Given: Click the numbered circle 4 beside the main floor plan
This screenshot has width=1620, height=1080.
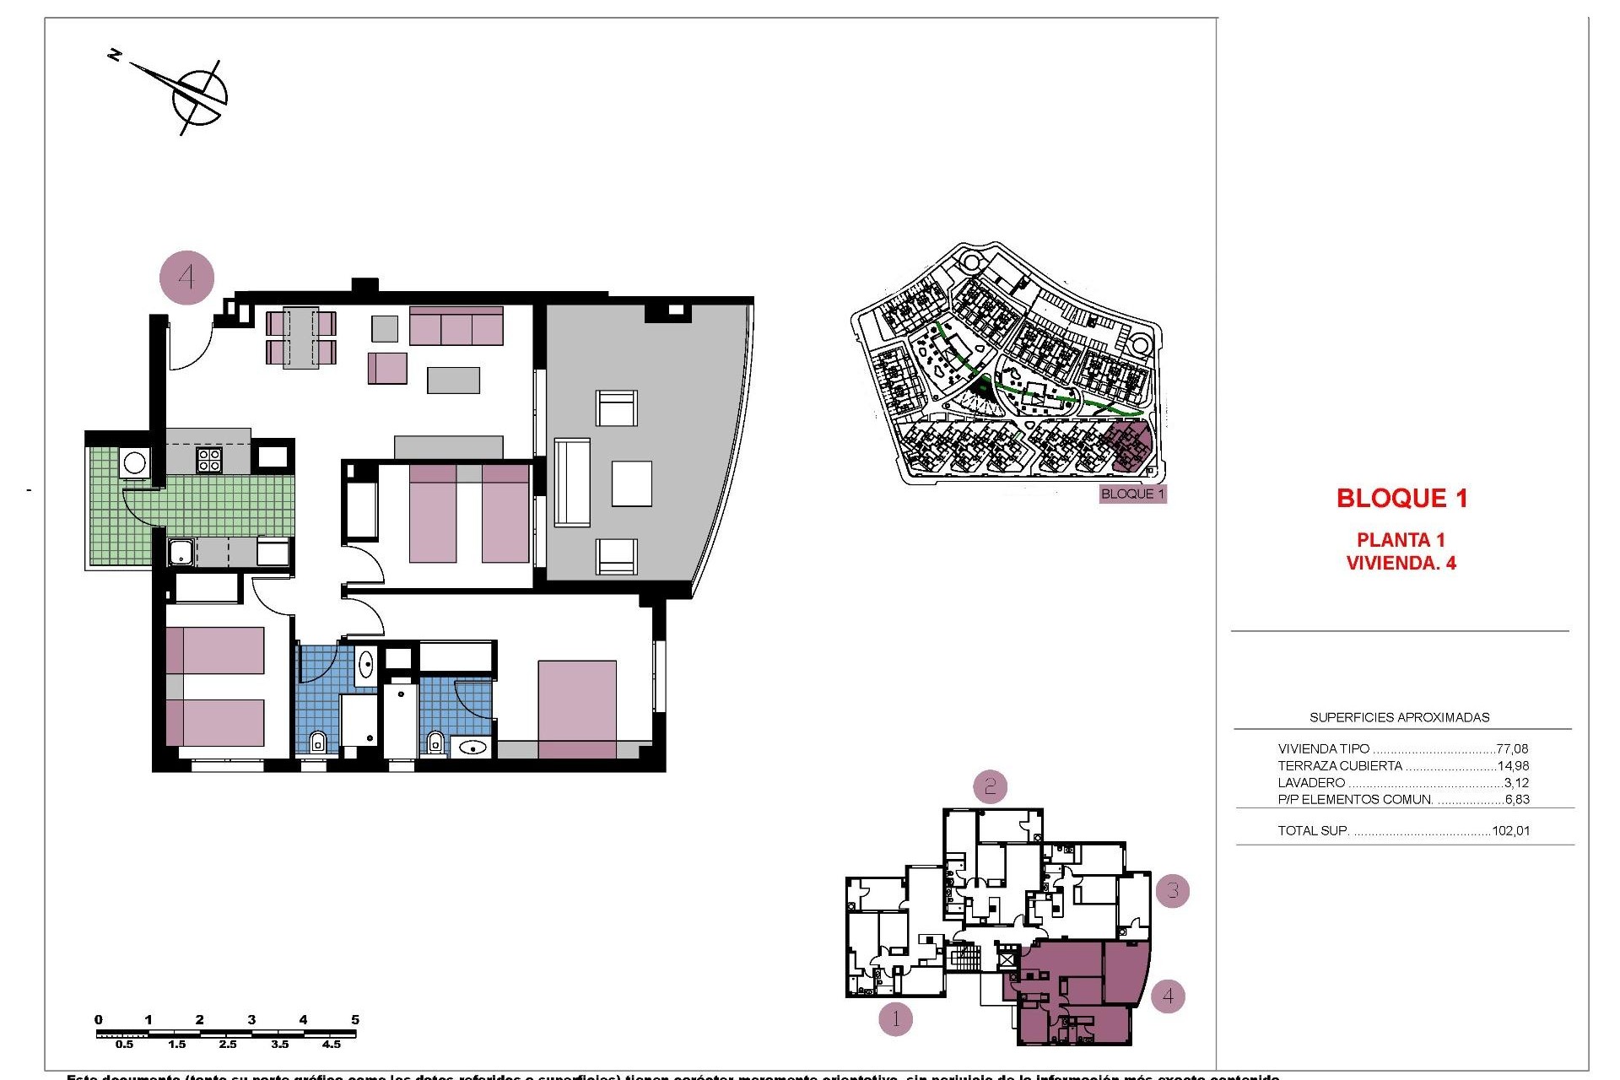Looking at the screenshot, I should tap(186, 277).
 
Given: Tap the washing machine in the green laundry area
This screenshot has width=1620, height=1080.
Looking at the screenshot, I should tap(134, 462).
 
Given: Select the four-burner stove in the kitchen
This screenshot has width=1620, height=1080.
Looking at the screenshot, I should tap(209, 459).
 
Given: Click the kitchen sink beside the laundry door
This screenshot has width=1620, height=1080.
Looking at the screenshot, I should tap(181, 553).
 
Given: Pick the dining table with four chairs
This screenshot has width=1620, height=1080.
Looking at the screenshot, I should tap(300, 337).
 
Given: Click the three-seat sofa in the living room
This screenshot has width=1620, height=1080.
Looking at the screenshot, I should tap(456, 326).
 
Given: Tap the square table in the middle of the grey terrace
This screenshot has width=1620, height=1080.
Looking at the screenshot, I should tap(631, 483).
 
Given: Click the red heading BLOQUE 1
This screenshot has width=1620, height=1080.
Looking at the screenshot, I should tap(1401, 498).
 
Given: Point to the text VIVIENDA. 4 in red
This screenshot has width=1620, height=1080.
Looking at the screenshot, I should tap(1401, 563).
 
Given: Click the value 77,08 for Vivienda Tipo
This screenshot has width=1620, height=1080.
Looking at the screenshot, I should tap(1512, 748).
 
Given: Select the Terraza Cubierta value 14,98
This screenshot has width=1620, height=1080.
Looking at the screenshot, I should tap(1512, 766).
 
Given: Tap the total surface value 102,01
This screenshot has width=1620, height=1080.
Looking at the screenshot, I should tap(1510, 830).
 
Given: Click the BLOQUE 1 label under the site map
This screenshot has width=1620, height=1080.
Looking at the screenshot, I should tap(1132, 494).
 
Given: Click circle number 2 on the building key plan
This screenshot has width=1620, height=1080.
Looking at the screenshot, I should tap(991, 787).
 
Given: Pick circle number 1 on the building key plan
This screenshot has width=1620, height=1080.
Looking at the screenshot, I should tap(896, 1019).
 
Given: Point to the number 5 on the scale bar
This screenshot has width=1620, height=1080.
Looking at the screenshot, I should tap(355, 1019).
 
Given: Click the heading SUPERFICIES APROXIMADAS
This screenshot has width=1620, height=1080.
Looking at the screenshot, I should tap(1399, 717).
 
